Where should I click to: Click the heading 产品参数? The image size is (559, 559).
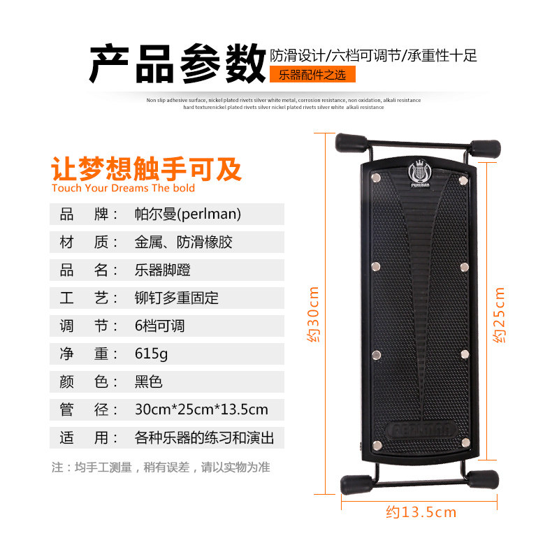(177, 64)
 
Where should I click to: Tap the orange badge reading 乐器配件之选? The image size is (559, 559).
(312, 75)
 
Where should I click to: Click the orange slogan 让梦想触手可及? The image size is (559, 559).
(147, 168)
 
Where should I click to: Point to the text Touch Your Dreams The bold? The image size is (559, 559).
(124, 188)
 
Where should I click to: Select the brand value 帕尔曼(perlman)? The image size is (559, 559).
(188, 214)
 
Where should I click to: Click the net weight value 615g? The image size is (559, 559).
(151, 354)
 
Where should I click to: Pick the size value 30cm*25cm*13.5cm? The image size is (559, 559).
(201, 409)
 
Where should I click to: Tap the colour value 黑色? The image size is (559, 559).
(148, 382)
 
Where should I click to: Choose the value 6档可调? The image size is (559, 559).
(159, 326)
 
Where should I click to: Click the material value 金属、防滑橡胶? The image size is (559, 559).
(183, 242)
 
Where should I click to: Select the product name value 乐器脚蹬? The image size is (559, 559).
(162, 270)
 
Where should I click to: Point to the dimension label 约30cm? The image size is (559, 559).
(313, 314)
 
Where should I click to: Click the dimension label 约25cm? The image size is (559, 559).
(499, 315)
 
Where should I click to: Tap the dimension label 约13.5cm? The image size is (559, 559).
(421, 512)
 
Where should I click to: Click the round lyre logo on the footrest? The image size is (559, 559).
(420, 172)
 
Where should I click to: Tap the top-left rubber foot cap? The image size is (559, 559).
(351, 143)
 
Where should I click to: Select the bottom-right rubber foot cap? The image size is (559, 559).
(483, 480)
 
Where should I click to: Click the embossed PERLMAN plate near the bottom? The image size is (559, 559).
(421, 430)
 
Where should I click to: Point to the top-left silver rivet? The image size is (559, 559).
(376, 177)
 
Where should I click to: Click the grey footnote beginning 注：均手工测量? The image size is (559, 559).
(161, 467)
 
